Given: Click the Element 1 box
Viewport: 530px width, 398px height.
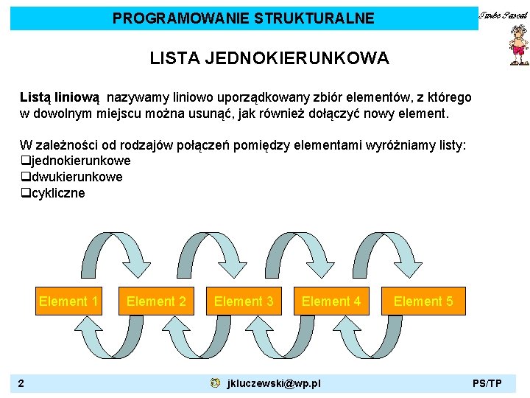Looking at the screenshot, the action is (x=68, y=301).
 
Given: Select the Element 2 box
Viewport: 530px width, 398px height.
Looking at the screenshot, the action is (x=156, y=301).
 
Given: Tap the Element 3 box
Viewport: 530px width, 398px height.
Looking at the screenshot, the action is (x=244, y=301).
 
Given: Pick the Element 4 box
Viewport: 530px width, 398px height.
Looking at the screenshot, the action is (x=331, y=301).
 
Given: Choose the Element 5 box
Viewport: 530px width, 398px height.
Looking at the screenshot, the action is (x=423, y=301).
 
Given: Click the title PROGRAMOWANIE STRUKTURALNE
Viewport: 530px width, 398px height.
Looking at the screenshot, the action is (x=243, y=18).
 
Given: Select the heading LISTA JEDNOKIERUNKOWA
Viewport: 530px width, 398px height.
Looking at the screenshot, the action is (x=269, y=58).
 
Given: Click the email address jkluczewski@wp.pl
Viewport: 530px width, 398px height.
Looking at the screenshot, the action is (x=274, y=383).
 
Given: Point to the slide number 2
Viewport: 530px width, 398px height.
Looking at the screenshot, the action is (x=22, y=383).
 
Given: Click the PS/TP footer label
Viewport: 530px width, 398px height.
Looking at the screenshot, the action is (x=487, y=383).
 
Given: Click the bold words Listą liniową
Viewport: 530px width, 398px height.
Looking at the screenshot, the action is (x=62, y=97).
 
